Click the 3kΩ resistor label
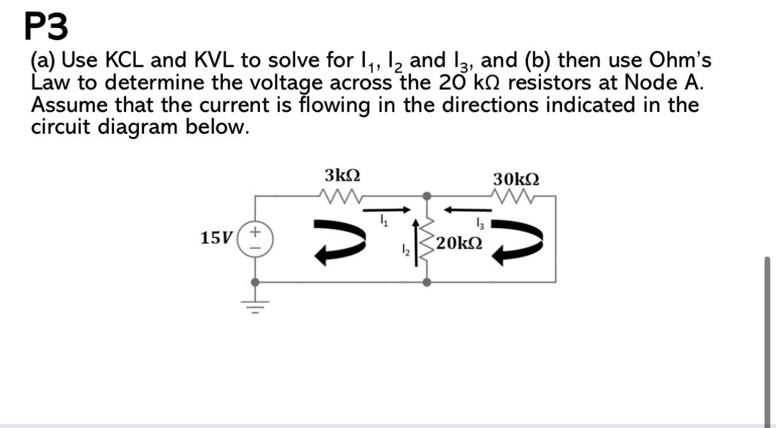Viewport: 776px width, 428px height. point(343,175)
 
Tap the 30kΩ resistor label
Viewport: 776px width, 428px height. point(516,178)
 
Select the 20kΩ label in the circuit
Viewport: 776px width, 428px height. point(459,244)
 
